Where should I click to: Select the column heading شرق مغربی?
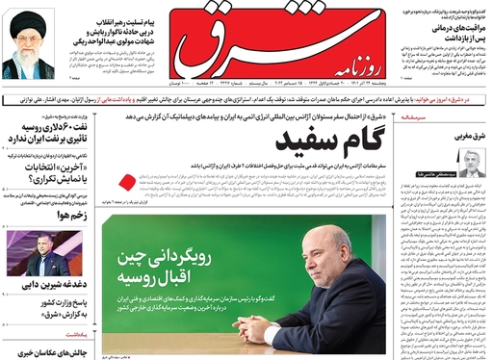tap(468, 137)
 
